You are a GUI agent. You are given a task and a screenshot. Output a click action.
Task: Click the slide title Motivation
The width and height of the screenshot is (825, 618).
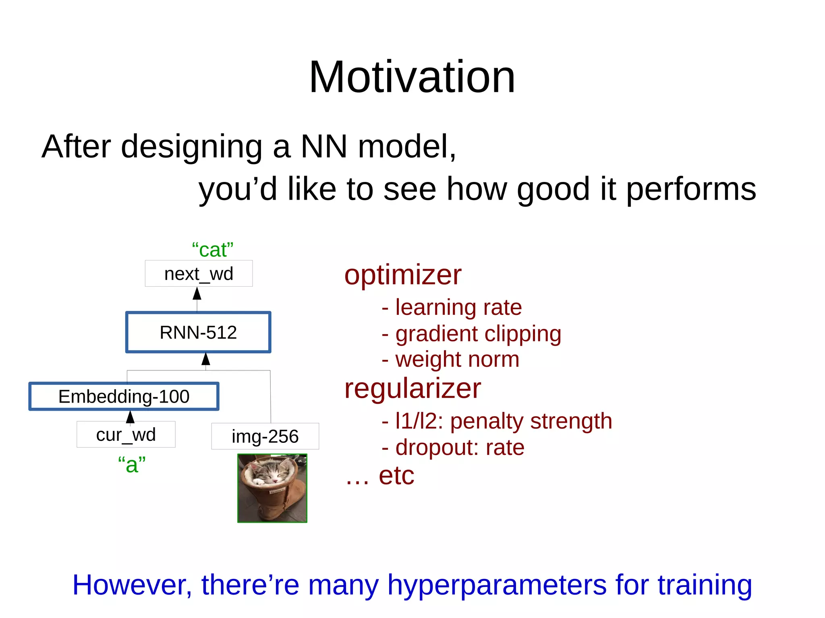pyautogui.click(x=412, y=77)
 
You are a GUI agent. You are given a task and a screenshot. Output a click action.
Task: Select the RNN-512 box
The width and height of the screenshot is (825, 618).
pyautogui.click(x=198, y=333)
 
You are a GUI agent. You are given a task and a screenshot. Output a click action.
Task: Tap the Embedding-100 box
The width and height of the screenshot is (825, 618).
pyautogui.click(x=124, y=397)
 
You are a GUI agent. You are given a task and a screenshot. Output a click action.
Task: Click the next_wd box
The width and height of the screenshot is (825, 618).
pyautogui.click(x=199, y=274)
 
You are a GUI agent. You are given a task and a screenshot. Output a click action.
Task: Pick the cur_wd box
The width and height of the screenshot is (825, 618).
pyautogui.click(x=126, y=434)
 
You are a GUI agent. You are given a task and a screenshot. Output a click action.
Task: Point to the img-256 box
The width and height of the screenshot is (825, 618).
pyautogui.click(x=265, y=436)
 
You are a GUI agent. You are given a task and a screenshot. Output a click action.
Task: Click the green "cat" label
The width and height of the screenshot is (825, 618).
pyautogui.click(x=212, y=250)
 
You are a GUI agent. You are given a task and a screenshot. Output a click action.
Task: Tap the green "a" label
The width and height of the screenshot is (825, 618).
pyautogui.click(x=132, y=465)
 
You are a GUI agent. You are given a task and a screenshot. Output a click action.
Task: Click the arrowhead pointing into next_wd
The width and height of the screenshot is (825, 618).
pyautogui.click(x=197, y=293)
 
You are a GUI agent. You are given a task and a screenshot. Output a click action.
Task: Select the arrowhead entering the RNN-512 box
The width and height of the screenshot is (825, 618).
pyautogui.click(x=206, y=359)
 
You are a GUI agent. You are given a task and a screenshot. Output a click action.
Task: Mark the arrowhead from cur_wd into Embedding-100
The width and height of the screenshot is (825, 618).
pyautogui.click(x=130, y=417)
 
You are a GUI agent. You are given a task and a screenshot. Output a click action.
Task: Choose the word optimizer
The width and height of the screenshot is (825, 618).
pyautogui.click(x=403, y=275)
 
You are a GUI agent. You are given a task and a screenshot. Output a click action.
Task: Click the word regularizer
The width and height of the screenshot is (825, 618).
pyautogui.click(x=412, y=389)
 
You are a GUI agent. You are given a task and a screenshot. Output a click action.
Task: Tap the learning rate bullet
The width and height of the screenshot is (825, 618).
pyautogui.click(x=452, y=308)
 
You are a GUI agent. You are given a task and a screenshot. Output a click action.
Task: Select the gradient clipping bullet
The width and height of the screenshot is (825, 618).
pyautogui.click(x=471, y=334)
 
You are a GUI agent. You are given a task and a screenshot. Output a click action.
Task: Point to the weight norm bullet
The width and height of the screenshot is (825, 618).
pyautogui.click(x=450, y=360)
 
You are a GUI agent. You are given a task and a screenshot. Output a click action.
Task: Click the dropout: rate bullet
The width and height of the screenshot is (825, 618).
pyautogui.click(x=453, y=448)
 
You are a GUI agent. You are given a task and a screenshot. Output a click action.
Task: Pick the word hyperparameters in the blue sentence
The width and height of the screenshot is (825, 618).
pyautogui.click(x=497, y=585)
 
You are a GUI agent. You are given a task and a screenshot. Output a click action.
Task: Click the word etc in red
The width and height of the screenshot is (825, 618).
pyautogui.click(x=396, y=476)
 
